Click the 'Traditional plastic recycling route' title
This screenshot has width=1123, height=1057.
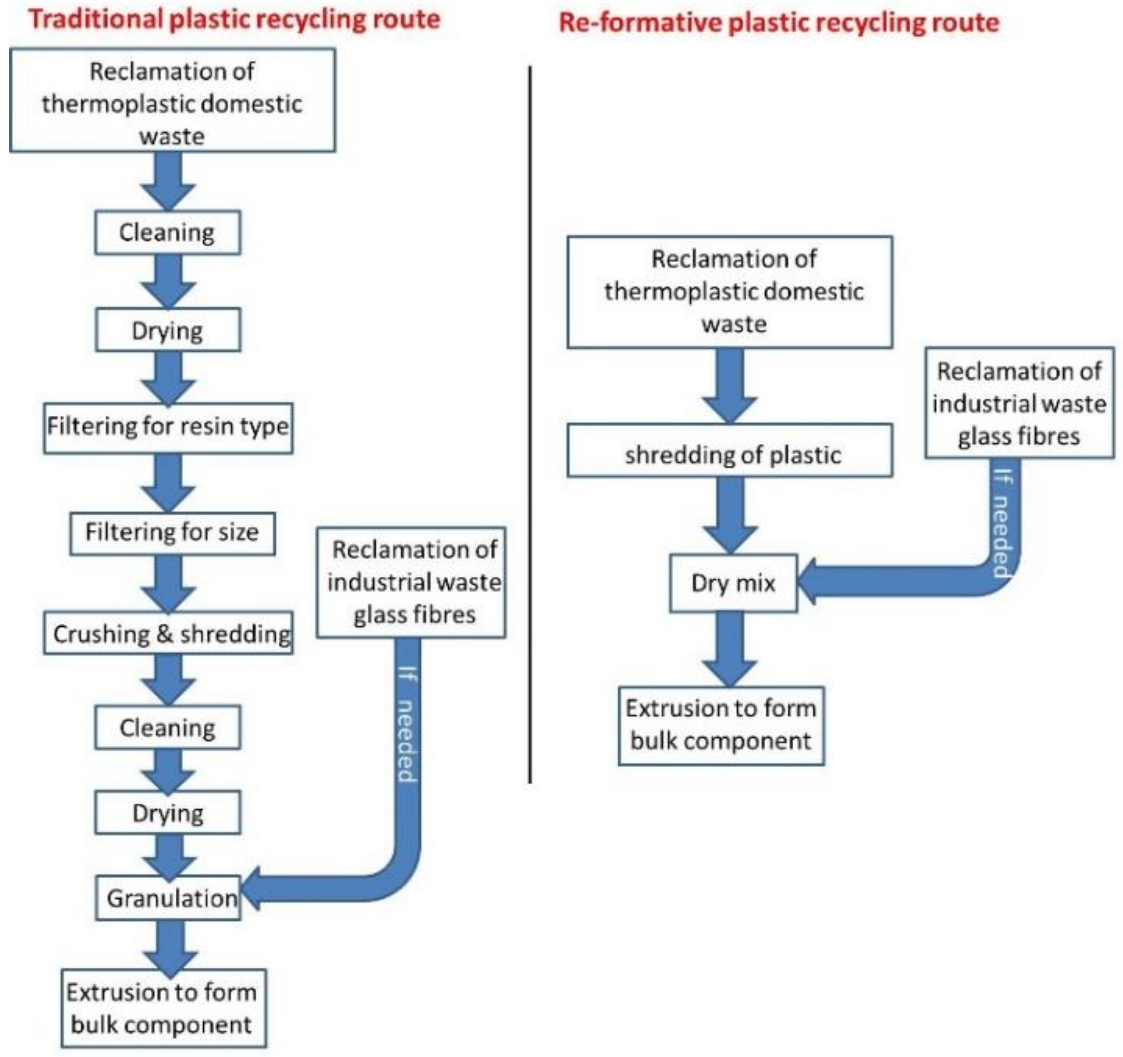[x=234, y=20]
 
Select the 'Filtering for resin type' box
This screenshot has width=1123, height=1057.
[x=168, y=428]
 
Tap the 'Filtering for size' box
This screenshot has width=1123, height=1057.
[x=172, y=533]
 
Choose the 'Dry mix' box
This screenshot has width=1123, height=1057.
[x=733, y=583]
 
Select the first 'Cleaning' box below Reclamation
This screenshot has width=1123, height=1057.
[x=167, y=233]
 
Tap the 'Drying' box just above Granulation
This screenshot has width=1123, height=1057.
[x=168, y=813]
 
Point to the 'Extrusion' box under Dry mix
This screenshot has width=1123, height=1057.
[x=721, y=726]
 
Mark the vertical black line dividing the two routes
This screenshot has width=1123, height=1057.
[x=530, y=424]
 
